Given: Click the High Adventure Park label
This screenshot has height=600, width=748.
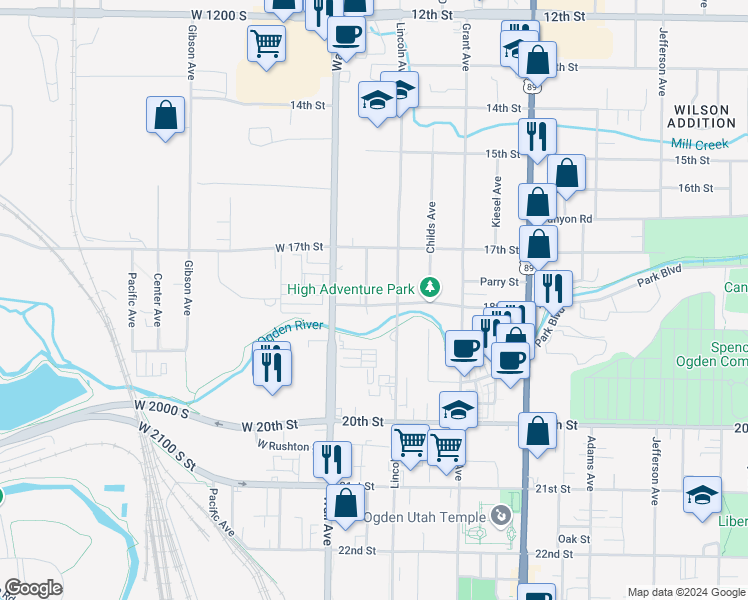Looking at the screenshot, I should tap(350, 290).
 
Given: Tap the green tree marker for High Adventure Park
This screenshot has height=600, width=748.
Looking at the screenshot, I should tap(430, 289).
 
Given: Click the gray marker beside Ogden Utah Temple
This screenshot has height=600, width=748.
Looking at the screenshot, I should tap(503, 517).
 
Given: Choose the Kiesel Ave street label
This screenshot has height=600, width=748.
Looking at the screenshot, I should tap(496, 200).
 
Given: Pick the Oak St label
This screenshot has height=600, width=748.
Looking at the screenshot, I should tap(574, 539).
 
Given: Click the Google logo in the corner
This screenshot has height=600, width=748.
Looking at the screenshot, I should tap(33, 588).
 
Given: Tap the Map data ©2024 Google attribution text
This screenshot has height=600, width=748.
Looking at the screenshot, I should tap(685, 592).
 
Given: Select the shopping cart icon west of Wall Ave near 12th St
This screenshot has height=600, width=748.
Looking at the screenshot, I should tap(267, 42).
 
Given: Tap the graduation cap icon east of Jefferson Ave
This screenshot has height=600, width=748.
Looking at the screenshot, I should tap(702, 494).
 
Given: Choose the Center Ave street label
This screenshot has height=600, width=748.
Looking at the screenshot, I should tap(157, 300).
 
